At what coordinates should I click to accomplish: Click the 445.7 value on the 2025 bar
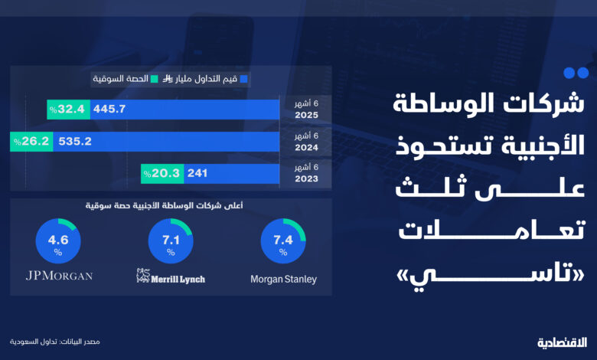(x=109, y=109)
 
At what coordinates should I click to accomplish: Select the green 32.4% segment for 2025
(x=69, y=110)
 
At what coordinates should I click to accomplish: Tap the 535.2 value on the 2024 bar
(x=75, y=142)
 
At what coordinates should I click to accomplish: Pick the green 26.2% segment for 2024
(x=31, y=142)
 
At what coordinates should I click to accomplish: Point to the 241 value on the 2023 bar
(x=197, y=173)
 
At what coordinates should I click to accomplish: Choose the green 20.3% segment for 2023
(x=162, y=174)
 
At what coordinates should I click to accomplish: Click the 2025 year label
(x=306, y=115)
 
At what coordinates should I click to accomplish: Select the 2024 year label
(x=306, y=147)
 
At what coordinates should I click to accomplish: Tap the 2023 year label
(x=306, y=178)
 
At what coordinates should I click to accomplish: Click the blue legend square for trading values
(x=244, y=79)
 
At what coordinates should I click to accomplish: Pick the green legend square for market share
(x=154, y=79)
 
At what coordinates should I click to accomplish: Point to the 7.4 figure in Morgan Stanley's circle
(x=283, y=240)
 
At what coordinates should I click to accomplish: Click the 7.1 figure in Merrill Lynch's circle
(x=171, y=240)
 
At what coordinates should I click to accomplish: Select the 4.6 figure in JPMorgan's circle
(x=58, y=240)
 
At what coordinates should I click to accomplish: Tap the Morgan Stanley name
(x=284, y=280)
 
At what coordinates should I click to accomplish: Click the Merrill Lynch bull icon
(x=143, y=276)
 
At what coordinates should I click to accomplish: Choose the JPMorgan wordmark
(x=60, y=276)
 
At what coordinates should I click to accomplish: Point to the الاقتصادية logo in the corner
(x=563, y=342)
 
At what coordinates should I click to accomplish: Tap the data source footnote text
(x=55, y=342)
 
